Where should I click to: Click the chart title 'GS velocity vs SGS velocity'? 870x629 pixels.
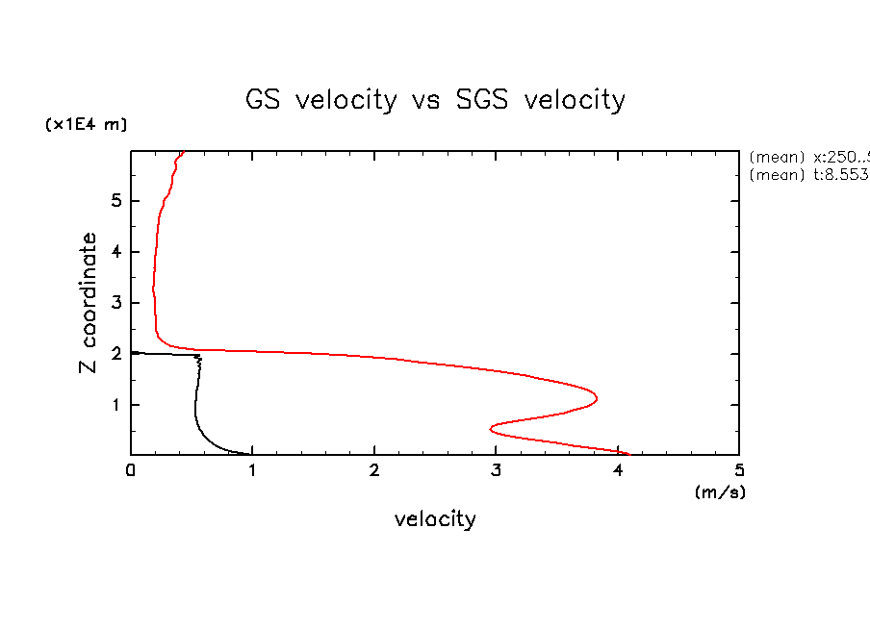[436, 100]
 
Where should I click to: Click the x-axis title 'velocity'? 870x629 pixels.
[435, 519]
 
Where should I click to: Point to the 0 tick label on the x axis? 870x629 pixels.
[131, 470]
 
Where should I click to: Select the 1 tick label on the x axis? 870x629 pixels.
[252, 470]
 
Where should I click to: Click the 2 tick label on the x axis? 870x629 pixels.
[374, 470]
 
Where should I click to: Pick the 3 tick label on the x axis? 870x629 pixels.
[496, 470]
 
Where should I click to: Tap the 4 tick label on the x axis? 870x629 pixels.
[618, 470]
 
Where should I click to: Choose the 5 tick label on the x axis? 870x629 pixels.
[739, 470]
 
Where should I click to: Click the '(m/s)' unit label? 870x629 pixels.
[720, 491]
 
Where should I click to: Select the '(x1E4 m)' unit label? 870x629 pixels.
[86, 125]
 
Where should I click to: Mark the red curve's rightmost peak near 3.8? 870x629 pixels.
[597, 397]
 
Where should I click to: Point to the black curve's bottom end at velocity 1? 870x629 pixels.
[251, 453]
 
